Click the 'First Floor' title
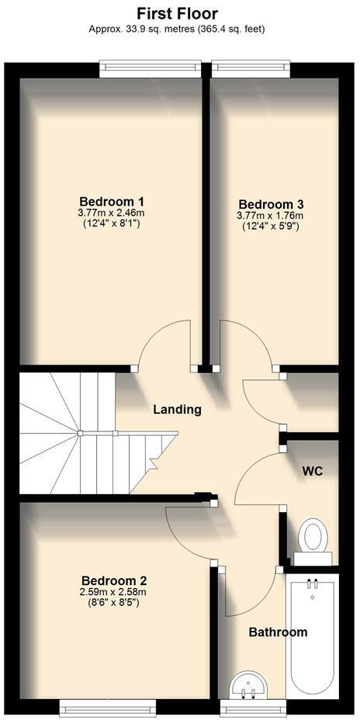[x=177, y=13]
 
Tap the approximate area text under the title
[x=177, y=29]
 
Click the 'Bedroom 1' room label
[x=112, y=199]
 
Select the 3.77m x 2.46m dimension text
[x=112, y=212]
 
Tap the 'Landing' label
[x=177, y=409]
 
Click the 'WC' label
[x=313, y=471]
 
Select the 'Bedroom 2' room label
[x=114, y=580]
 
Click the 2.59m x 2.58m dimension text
[x=114, y=592]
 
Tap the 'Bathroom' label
[x=278, y=632]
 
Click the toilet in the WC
[x=313, y=536]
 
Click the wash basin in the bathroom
[x=250, y=684]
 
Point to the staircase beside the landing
[x=78, y=434]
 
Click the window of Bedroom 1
[x=151, y=70]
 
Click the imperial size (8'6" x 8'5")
[x=114, y=604]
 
